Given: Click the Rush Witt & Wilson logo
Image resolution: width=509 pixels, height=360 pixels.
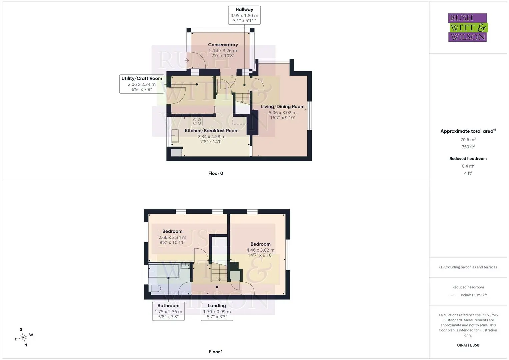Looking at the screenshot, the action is click(468, 27).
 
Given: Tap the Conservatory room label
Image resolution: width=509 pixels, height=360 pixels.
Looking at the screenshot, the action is click(223, 45).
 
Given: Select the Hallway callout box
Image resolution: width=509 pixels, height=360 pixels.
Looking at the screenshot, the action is click(244, 15).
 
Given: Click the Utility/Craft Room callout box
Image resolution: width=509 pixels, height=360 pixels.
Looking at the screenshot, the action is click(142, 84).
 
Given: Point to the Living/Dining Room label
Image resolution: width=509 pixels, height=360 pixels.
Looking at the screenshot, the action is click(283, 106).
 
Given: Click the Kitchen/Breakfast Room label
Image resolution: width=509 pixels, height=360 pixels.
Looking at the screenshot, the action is click(212, 130).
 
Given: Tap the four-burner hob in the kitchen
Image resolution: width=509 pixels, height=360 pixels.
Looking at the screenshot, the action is click(197, 121).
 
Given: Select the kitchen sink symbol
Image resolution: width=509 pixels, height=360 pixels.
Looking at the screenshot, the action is click(175, 135).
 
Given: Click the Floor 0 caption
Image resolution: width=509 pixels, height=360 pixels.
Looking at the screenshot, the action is click(216, 173).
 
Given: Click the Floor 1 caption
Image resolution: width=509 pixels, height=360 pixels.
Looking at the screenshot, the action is click(216, 352).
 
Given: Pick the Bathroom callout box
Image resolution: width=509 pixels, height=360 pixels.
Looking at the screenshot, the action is click(168, 311).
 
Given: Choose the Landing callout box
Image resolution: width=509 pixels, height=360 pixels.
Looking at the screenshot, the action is click(217, 311).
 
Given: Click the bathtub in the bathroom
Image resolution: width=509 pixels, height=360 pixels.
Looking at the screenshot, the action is click(164, 270).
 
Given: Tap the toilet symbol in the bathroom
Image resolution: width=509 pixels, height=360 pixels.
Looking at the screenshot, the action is click(155, 288).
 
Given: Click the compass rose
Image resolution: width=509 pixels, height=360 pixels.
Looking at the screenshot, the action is click(23, 337).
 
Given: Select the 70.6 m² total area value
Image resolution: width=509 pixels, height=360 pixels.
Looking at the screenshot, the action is click(468, 140).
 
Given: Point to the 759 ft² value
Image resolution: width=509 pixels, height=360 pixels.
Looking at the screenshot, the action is click(468, 147).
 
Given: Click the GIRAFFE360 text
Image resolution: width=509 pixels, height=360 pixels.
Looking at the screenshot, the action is click(468, 345).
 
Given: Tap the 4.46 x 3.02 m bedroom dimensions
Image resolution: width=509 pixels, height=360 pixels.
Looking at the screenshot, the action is click(260, 250).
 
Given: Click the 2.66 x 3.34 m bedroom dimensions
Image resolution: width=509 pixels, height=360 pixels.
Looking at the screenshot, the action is click(172, 237).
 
